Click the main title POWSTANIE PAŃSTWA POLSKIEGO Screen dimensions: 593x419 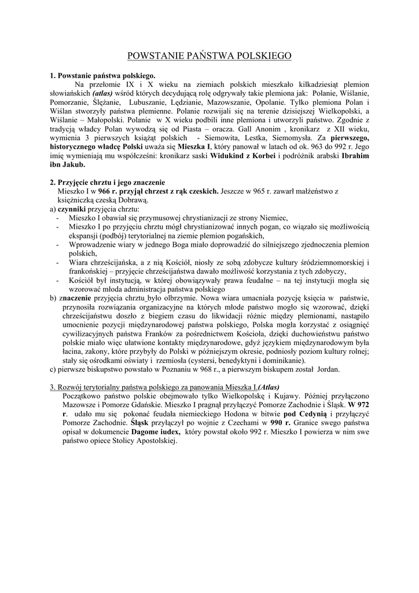pos(209,56)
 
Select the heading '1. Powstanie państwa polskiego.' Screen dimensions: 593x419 pos(102,76)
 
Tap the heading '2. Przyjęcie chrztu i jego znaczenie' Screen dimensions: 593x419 pos(108,182)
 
